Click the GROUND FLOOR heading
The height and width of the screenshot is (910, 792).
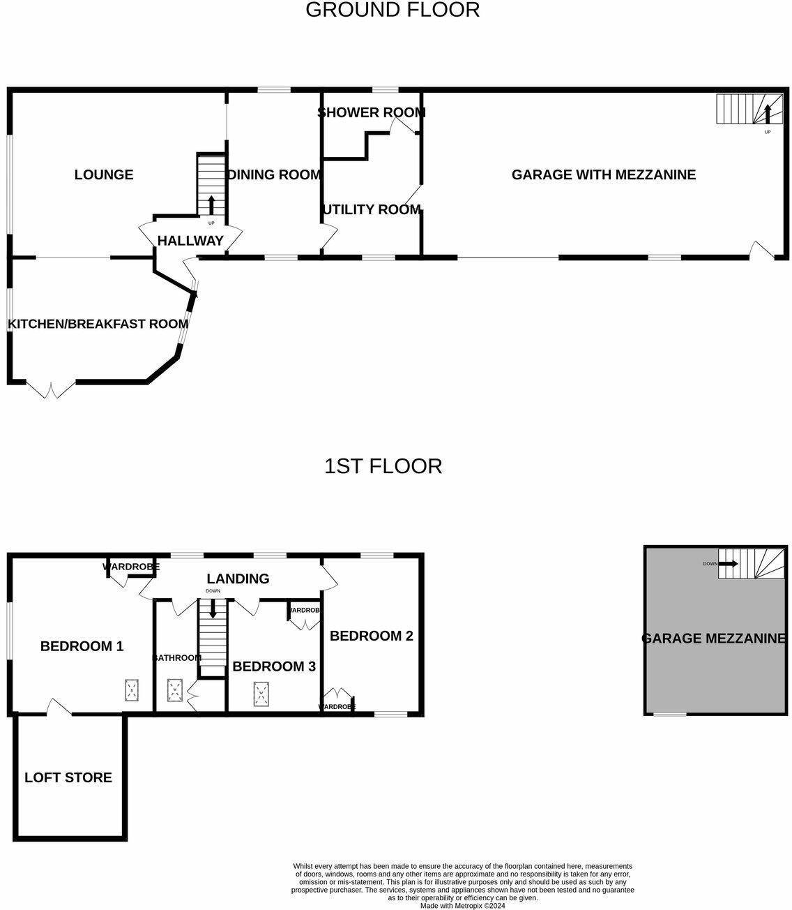[x=393, y=10]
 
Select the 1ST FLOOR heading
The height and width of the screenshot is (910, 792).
[x=383, y=466]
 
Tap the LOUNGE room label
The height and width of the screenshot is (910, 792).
[x=104, y=174]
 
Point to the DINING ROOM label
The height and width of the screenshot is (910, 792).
[x=275, y=174]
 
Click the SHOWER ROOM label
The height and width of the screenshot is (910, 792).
[x=371, y=112]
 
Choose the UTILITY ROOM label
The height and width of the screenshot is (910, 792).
[x=372, y=209]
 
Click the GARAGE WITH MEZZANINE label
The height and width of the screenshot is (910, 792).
[x=603, y=174]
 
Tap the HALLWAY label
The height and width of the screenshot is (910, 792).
[x=190, y=241]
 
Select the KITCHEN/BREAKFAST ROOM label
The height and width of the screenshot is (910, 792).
[x=98, y=324]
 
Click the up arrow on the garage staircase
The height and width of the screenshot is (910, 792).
[x=768, y=112]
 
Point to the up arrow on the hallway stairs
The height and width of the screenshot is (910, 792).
[x=211, y=205]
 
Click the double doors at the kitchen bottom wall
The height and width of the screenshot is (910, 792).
[x=50, y=388]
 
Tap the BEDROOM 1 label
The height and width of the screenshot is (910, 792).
[x=82, y=646]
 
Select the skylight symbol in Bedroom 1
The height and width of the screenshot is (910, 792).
[x=130, y=690]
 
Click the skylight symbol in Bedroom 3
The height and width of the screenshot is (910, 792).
[x=261, y=693]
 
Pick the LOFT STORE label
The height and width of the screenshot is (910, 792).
[x=68, y=777]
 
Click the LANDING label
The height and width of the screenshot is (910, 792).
[x=238, y=579]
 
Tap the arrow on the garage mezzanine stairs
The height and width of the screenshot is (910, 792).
[x=729, y=563]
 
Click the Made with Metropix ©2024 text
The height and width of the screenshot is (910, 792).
[x=462, y=906]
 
